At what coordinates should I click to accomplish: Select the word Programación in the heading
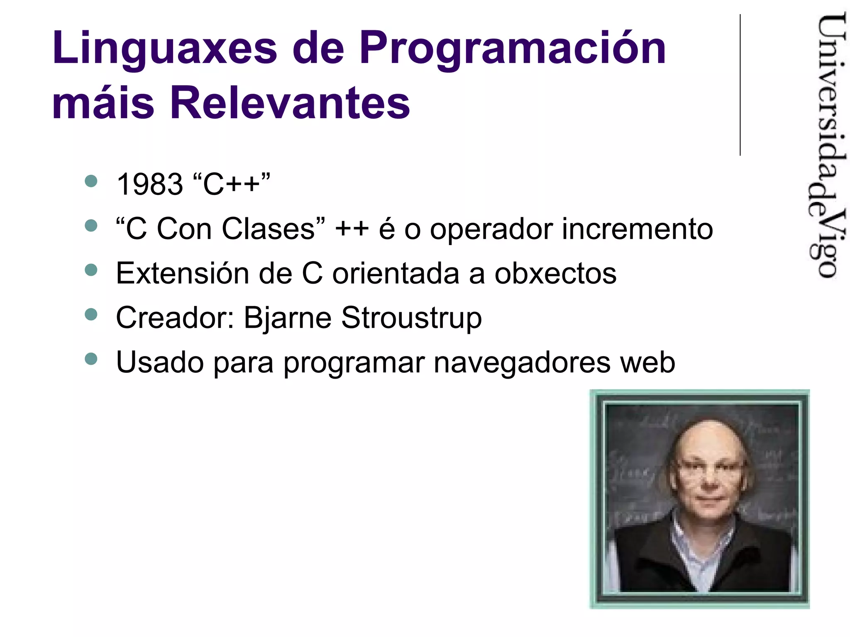point(513,49)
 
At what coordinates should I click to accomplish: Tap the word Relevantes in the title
point(290,102)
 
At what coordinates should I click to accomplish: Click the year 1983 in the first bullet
point(150,184)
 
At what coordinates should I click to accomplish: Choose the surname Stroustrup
point(411,318)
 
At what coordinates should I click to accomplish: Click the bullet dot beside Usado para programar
point(91,359)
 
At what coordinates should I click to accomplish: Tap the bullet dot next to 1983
point(91,181)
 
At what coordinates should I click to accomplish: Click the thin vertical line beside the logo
point(740,85)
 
